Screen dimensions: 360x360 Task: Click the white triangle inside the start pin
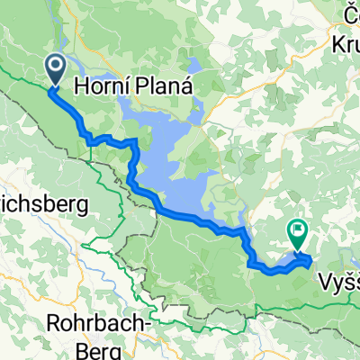pyautogui.click(x=54, y=65)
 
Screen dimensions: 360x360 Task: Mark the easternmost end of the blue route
pyautogui.click(x=310, y=261)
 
